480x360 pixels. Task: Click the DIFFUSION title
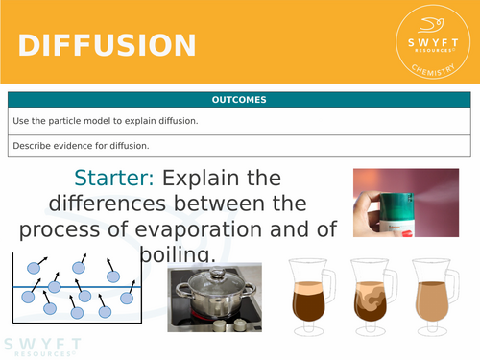[x=107, y=45]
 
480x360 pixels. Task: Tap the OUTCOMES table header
[x=240, y=100]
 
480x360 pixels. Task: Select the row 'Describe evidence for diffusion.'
[x=240, y=146]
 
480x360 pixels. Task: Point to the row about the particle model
[x=240, y=121]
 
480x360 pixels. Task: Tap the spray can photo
[x=405, y=202]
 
